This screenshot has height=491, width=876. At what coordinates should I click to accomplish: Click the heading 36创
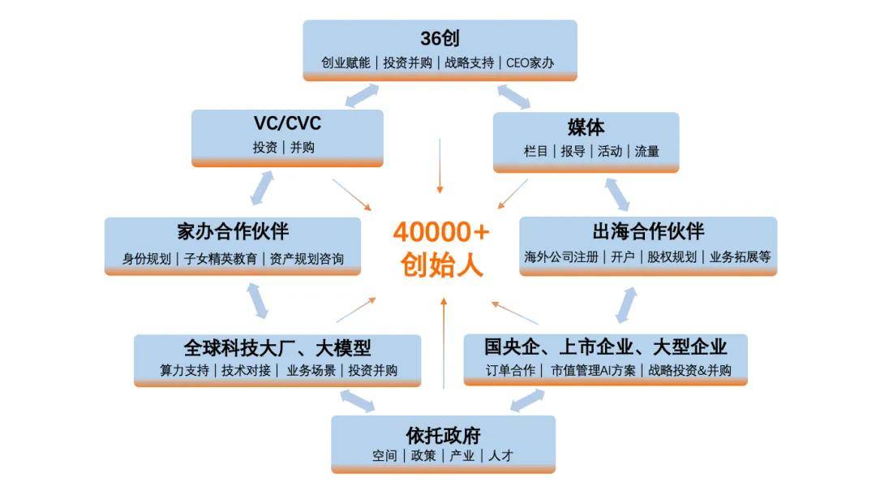tap(440, 38)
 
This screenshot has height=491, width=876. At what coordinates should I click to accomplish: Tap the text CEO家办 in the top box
tap(530, 62)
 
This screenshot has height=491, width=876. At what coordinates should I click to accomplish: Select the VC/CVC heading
tap(287, 123)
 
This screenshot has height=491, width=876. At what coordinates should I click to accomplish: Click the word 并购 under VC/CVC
tap(303, 148)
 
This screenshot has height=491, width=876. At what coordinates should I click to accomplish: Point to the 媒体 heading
tap(586, 127)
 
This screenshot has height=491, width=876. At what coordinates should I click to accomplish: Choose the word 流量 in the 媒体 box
tap(646, 151)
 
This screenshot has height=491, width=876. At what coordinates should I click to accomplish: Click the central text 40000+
tap(441, 232)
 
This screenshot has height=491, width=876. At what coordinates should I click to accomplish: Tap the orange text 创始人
tap(441, 265)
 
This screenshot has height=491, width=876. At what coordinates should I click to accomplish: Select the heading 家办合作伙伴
tap(233, 231)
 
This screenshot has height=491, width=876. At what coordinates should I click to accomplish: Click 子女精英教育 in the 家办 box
tap(221, 259)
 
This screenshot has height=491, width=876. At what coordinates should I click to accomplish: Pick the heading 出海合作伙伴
tap(648, 231)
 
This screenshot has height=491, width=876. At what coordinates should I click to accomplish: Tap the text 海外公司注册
tap(561, 256)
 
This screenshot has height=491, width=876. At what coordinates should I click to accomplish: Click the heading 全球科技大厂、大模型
tap(277, 348)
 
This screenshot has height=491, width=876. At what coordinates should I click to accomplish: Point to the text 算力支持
tap(184, 371)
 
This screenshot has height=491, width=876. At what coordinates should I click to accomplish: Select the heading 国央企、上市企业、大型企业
tap(605, 347)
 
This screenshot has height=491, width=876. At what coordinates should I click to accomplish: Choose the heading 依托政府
tap(444, 434)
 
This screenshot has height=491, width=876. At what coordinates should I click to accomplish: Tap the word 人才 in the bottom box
tap(500, 456)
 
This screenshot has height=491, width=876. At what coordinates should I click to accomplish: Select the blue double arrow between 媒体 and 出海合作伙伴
tap(617, 194)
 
